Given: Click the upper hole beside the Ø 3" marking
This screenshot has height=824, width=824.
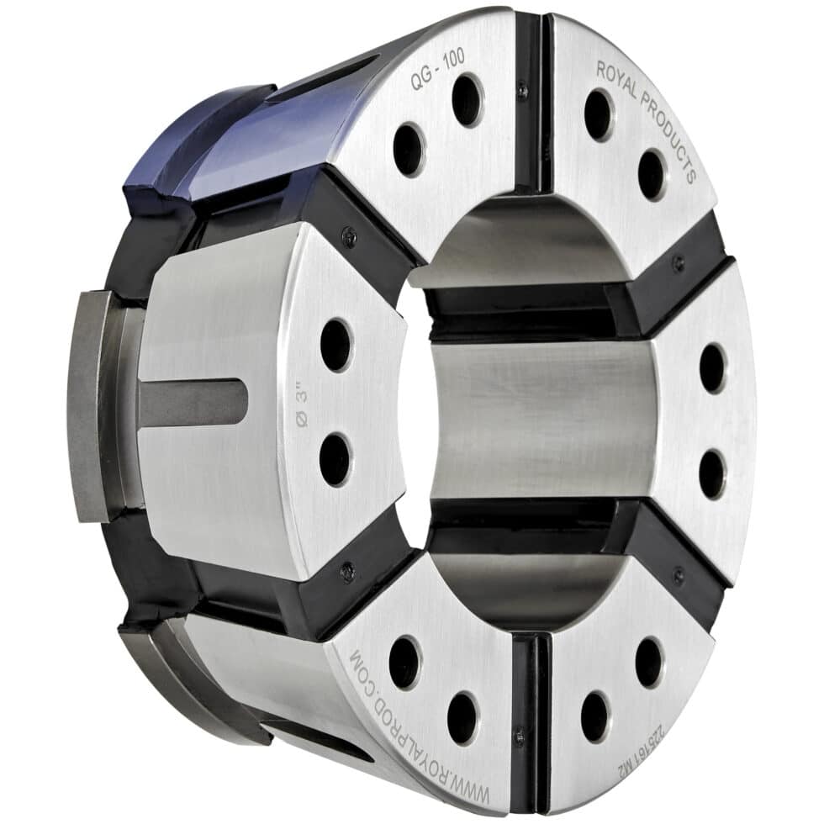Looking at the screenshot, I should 335,345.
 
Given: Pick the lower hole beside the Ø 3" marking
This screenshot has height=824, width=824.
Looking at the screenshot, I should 335,459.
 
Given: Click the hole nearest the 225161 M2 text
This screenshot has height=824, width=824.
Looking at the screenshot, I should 648,662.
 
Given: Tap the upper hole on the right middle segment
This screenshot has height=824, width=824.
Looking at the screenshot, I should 712,367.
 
